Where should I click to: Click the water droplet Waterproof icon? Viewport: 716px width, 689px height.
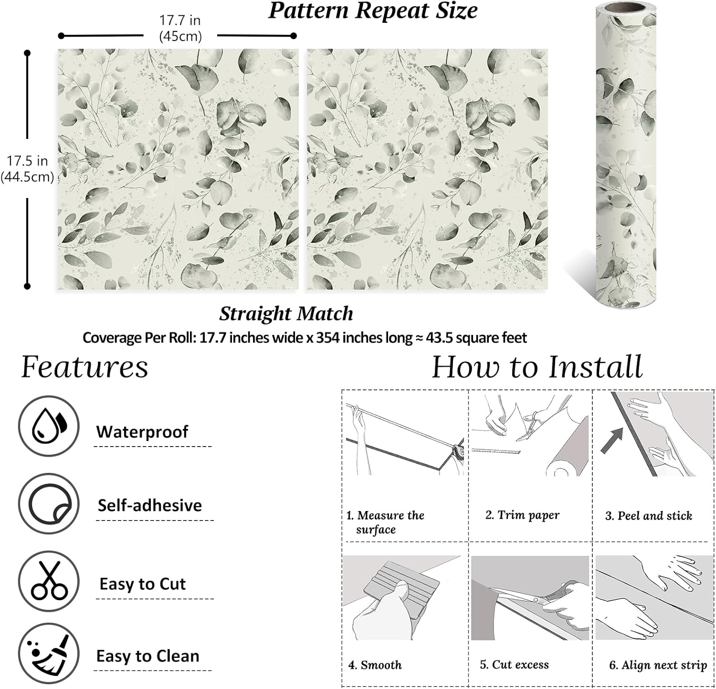pyautogui.click(x=49, y=426)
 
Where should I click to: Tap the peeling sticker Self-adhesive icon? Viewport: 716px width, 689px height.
pyautogui.click(x=49, y=504)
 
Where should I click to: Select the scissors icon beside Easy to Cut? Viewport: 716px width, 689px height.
pyautogui.click(x=49, y=581)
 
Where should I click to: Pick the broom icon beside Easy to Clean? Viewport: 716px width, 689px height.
pyautogui.click(x=49, y=654)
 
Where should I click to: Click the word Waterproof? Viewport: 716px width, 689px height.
pyautogui.click(x=142, y=432)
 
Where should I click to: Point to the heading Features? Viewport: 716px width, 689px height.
pyautogui.click(x=84, y=367)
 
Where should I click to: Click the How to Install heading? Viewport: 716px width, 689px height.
pyautogui.click(x=537, y=367)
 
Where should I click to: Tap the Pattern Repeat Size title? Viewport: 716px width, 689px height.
pyautogui.click(x=373, y=11)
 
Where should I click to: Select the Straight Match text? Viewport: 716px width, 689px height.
pyautogui.click(x=286, y=314)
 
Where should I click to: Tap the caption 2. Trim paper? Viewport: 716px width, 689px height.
pyautogui.click(x=522, y=515)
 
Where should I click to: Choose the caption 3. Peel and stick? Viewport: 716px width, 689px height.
pyautogui.click(x=649, y=516)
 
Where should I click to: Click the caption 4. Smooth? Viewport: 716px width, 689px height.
pyautogui.click(x=375, y=665)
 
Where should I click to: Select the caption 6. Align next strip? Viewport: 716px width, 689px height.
pyautogui.click(x=658, y=665)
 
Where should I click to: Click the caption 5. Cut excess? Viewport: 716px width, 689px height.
pyautogui.click(x=514, y=665)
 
